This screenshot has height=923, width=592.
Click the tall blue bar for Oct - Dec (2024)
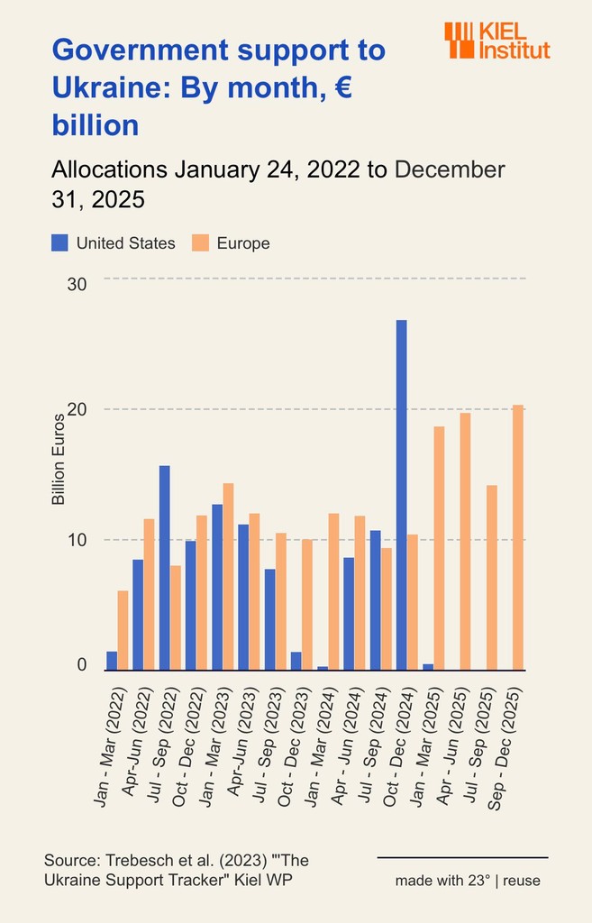click(401, 495)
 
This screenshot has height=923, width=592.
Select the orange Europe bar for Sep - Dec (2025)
click(517, 537)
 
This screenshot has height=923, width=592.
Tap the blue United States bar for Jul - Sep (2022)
click(165, 568)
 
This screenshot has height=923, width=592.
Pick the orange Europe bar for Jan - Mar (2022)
click(123, 630)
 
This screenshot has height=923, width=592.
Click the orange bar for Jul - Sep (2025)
click(491, 578)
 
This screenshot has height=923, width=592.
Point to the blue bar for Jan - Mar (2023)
click(217, 587)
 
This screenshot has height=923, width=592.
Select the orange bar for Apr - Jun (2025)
click(465, 541)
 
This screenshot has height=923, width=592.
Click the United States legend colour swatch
click(59, 242)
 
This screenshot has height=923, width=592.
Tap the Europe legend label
click(243, 243)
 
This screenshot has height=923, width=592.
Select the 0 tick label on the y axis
click(81, 665)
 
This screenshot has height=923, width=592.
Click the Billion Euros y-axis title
click(58, 459)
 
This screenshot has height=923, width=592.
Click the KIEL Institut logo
click(496, 41)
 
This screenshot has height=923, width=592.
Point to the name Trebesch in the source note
click(132, 861)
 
